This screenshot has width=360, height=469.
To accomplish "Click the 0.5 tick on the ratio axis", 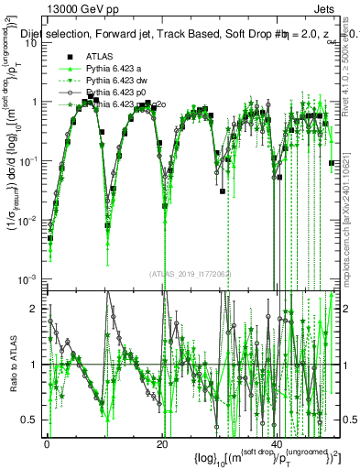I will click(30, 420).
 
